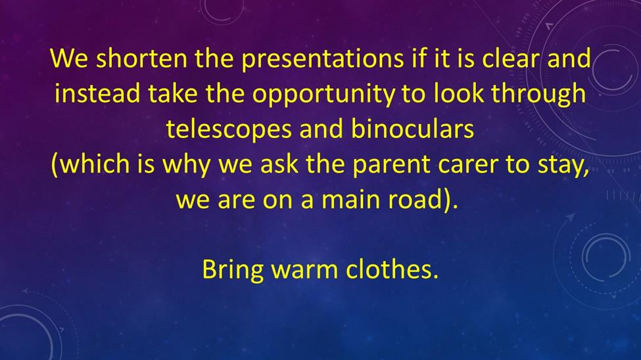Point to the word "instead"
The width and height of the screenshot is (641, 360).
click(x=97, y=93)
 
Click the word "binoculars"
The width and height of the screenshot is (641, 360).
click(x=412, y=128)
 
